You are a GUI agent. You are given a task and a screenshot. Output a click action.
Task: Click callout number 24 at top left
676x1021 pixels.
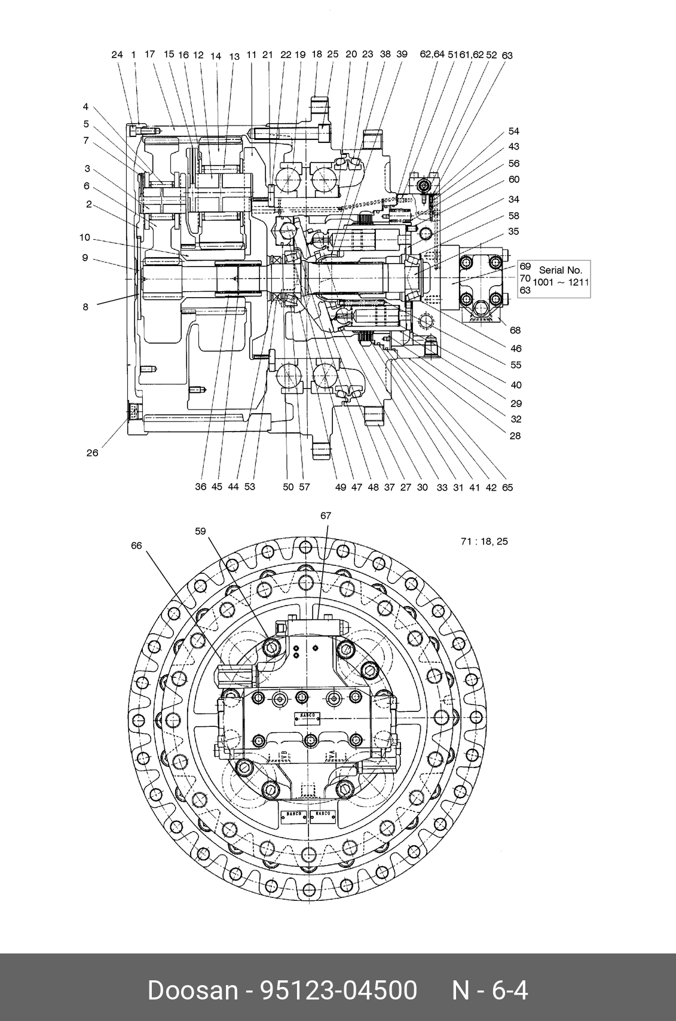(x=117, y=54)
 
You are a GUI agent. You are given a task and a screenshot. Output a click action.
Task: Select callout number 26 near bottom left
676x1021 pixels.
(x=92, y=453)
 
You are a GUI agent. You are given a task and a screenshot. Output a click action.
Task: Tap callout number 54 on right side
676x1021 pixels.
(x=514, y=131)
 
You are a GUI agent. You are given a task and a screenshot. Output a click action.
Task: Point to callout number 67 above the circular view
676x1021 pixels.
(x=326, y=515)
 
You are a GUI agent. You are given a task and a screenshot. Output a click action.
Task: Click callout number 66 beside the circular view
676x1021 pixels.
(x=137, y=545)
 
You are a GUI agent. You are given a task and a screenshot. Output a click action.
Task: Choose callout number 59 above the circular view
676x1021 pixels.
(x=200, y=530)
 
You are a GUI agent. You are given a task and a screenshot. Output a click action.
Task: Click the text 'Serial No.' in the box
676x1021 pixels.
(x=560, y=270)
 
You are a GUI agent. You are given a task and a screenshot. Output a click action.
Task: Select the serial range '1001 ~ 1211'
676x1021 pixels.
(x=561, y=282)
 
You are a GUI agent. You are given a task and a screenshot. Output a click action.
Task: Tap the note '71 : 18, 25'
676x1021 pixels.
(x=484, y=542)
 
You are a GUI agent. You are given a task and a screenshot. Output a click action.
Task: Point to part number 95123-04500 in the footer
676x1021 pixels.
(x=338, y=991)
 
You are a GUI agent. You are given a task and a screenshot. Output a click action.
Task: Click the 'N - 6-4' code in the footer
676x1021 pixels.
(x=490, y=991)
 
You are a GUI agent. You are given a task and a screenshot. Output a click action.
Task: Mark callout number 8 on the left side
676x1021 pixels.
(x=85, y=307)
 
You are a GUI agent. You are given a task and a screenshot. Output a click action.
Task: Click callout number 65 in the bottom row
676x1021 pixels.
(x=507, y=487)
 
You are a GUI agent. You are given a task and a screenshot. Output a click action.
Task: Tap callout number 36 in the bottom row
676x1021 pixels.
(x=201, y=487)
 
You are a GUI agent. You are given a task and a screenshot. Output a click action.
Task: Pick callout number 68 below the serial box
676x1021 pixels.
(x=515, y=330)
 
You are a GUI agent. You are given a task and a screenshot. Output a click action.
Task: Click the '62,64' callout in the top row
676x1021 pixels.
(x=432, y=54)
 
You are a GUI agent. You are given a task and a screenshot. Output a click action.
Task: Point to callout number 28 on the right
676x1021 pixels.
(x=515, y=436)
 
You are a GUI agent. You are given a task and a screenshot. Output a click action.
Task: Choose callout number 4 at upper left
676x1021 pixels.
(x=85, y=106)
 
